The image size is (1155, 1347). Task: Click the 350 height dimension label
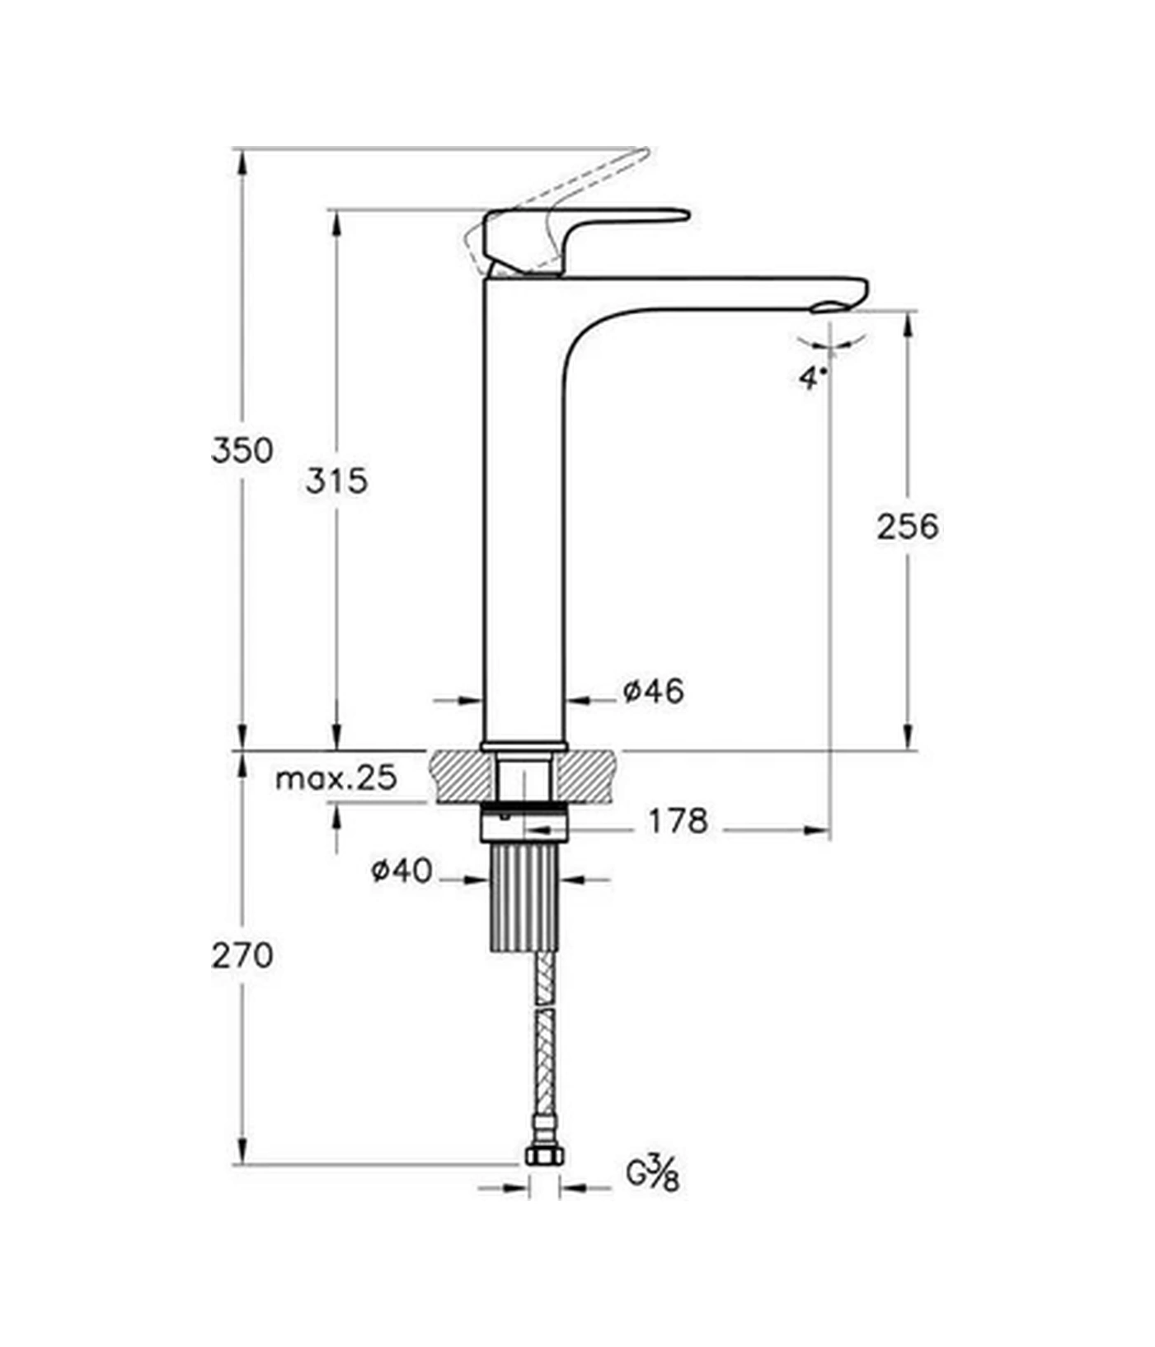coord(242,450)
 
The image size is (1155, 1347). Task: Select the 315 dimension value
coord(336,480)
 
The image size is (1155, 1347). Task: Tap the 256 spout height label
coord(907,526)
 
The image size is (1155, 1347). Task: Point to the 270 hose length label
coord(242,955)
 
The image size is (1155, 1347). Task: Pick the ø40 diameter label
coord(401,871)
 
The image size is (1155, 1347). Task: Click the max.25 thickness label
coord(336,777)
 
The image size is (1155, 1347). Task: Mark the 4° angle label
coord(812,378)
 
